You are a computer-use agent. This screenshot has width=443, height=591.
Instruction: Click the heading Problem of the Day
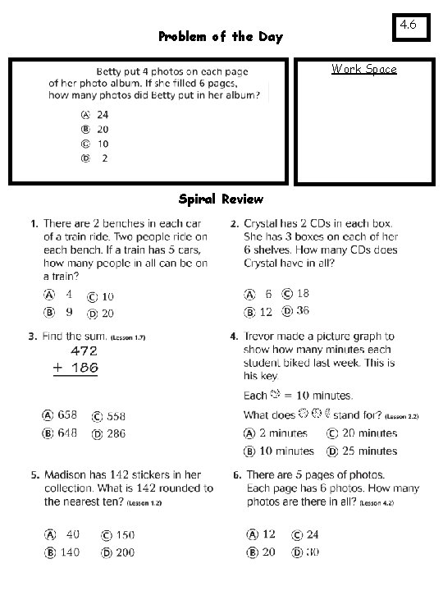point(220,37)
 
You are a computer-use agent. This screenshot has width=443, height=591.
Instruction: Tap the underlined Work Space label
point(363,69)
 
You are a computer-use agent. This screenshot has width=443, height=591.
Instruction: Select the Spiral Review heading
point(221,199)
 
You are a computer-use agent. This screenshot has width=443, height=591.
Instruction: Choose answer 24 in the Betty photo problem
point(102,115)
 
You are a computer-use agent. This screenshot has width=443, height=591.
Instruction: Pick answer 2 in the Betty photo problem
point(104,158)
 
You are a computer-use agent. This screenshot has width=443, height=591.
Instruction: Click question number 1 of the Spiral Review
point(33,223)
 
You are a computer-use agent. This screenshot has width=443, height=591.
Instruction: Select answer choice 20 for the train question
point(107,314)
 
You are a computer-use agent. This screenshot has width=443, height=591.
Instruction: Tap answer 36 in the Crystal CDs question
point(302,311)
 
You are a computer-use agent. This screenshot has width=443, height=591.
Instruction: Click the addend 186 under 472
point(83,369)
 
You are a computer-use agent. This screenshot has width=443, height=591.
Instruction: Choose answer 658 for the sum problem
point(67,415)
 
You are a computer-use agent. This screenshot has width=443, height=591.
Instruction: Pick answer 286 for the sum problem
point(116,433)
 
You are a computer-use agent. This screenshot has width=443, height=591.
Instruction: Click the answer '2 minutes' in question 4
point(283,433)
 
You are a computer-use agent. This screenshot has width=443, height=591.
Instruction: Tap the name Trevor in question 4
point(263,336)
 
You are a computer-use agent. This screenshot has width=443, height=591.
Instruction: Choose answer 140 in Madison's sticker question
point(69,552)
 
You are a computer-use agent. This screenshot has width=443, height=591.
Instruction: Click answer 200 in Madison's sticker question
point(123,552)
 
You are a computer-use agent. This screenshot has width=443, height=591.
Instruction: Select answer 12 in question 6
point(268,534)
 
